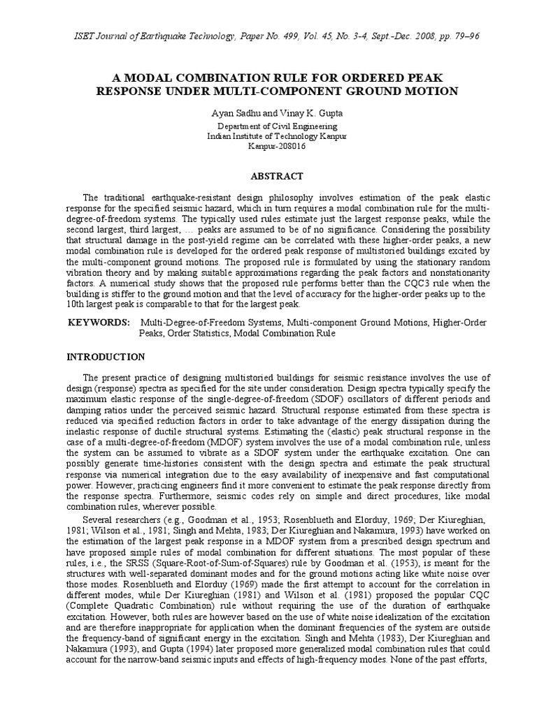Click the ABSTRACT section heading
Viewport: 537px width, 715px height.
268,176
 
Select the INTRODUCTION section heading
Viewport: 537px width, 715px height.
106,357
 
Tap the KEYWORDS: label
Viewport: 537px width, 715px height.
99,322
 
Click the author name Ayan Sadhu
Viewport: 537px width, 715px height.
233,113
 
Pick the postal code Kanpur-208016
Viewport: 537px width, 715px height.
268,146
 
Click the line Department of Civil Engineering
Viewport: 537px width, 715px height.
268,126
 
